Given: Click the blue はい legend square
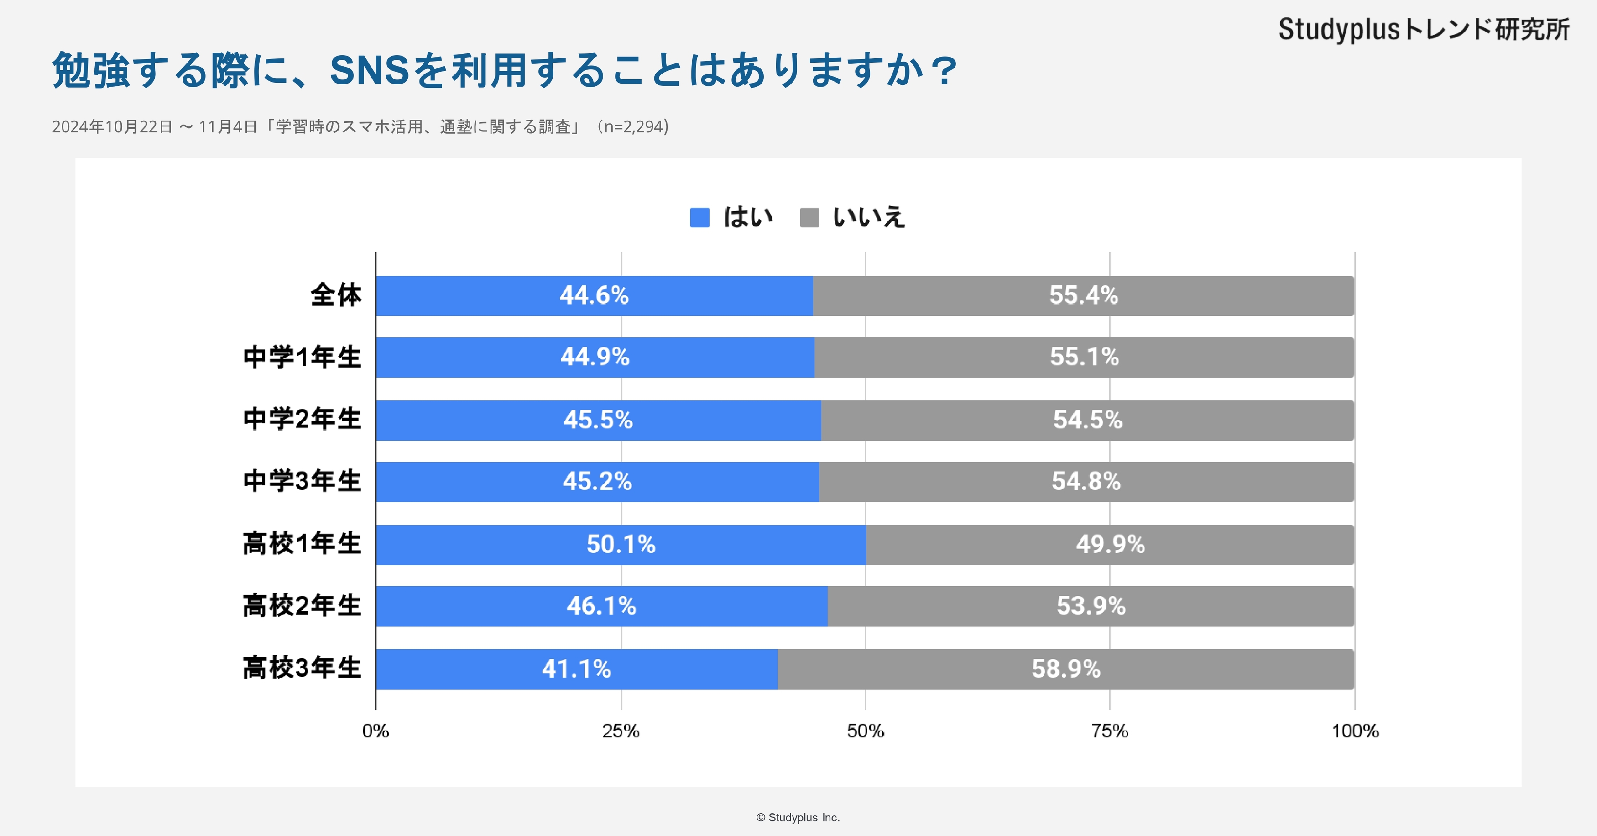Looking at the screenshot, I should click(x=699, y=218).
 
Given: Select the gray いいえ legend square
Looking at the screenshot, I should click(x=809, y=218).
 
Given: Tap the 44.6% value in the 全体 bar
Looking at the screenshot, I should click(x=594, y=296).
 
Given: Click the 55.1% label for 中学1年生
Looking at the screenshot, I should click(x=1084, y=357).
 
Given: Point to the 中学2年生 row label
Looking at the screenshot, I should click(x=302, y=419).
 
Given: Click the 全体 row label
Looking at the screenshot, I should click(x=336, y=295).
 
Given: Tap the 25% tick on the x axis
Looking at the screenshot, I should click(x=621, y=731).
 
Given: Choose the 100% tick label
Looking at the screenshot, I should click(x=1355, y=731).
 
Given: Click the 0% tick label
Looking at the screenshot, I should click(x=376, y=731).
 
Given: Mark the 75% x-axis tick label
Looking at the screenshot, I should click(x=1110, y=731).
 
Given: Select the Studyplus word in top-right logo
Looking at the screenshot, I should click(x=1339, y=30).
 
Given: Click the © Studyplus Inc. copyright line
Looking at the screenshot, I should click(x=798, y=817).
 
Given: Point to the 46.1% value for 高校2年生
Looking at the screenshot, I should click(x=601, y=606).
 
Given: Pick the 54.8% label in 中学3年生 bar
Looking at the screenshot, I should click(x=1086, y=481).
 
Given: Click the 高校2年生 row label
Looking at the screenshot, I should click(x=302, y=606).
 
